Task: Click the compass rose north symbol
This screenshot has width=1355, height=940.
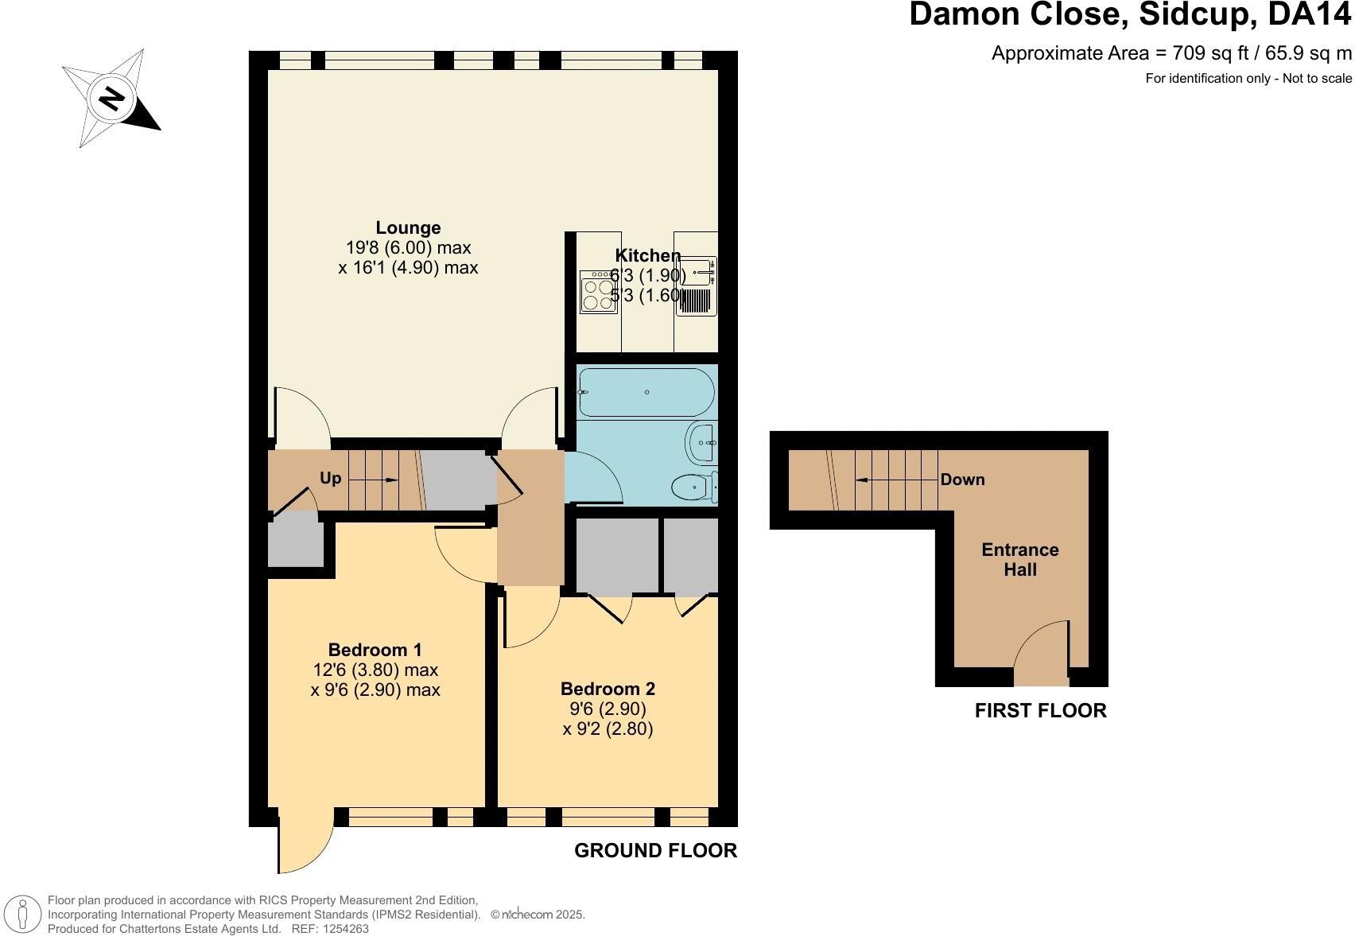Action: (x=112, y=99)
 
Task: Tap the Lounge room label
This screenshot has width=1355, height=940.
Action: (x=408, y=228)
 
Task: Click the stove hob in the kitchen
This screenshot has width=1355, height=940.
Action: (x=598, y=292)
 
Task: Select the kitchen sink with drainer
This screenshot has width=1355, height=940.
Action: (x=697, y=286)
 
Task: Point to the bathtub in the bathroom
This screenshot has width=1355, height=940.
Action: (x=646, y=392)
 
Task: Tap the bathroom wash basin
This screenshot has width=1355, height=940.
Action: (x=702, y=442)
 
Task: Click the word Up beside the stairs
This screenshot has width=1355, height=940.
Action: (x=330, y=478)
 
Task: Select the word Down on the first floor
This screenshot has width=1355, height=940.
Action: (x=962, y=480)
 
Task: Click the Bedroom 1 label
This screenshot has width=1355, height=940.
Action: (x=375, y=650)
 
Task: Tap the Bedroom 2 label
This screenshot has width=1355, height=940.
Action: (x=608, y=689)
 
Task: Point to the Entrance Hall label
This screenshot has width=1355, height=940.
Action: (x=1019, y=559)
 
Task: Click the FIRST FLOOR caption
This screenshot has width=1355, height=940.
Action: (x=1040, y=710)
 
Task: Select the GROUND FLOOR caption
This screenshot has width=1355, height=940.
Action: (x=655, y=850)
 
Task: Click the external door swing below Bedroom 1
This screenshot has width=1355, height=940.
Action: (x=305, y=843)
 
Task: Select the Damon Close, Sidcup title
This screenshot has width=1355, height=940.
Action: (x=1129, y=16)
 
